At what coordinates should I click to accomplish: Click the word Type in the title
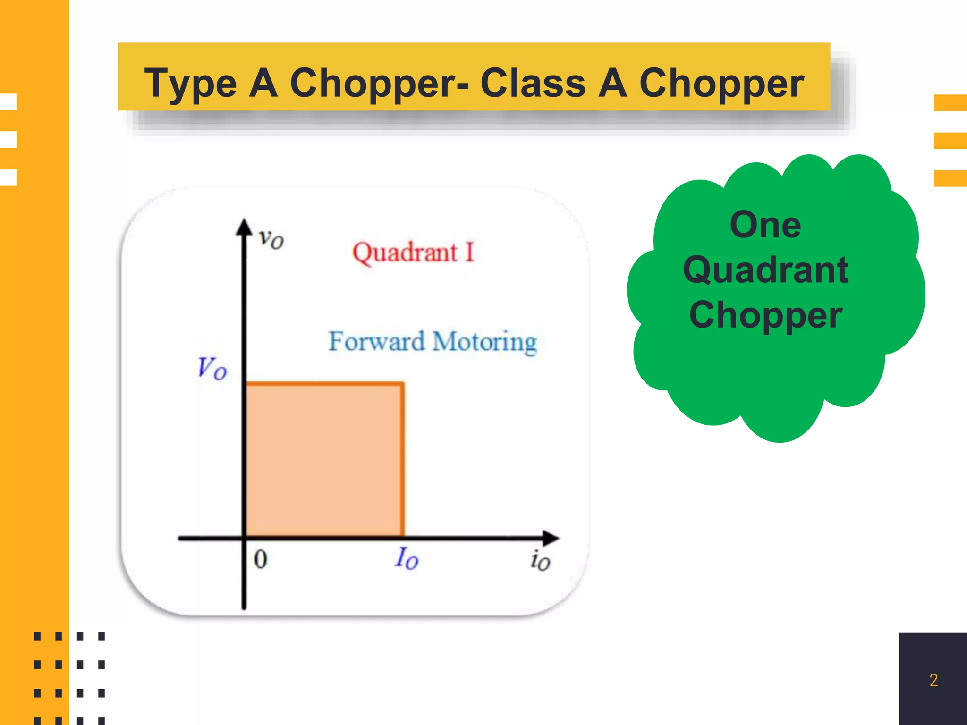click(190, 84)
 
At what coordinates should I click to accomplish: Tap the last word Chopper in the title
click(721, 84)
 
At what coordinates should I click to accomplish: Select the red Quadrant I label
click(413, 253)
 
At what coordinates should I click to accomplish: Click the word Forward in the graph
click(376, 341)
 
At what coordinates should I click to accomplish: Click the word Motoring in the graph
click(484, 342)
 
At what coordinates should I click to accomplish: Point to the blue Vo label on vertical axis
click(212, 368)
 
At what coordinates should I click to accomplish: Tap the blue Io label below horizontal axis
click(407, 558)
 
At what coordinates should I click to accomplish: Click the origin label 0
click(261, 560)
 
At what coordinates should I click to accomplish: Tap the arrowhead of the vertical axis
click(244, 227)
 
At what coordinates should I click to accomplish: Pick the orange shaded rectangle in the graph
click(324, 460)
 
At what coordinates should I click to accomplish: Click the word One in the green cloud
click(765, 225)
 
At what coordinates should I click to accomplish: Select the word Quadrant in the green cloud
click(765, 270)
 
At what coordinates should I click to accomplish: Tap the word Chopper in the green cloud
click(765, 315)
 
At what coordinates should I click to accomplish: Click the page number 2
click(933, 680)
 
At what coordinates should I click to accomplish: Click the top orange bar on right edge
click(950, 102)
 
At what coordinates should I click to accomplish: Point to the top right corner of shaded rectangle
click(402, 384)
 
